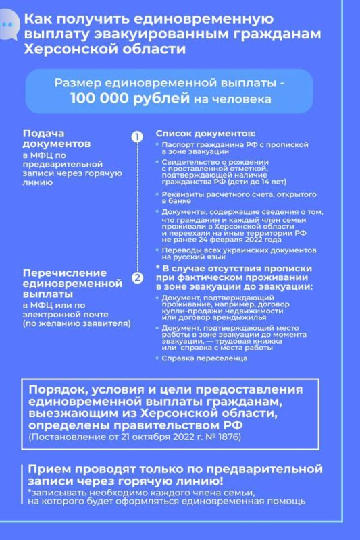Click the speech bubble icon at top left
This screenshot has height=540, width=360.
[9, 25]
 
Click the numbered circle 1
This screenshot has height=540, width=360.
[136, 137]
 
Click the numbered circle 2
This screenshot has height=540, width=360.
[136, 277]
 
